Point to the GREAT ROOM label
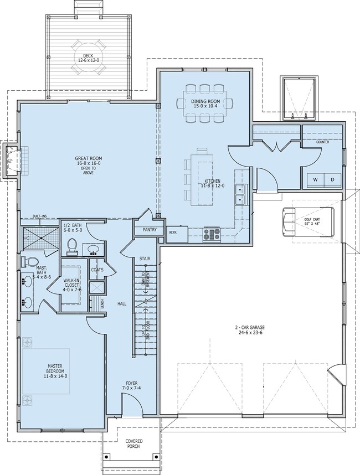pos(89,158)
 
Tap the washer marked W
pos(315,180)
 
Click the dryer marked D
pos(332,180)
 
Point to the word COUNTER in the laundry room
pos(323,142)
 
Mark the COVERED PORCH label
pos(134,443)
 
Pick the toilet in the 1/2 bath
pos(72,245)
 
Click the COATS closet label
pos(97,270)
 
